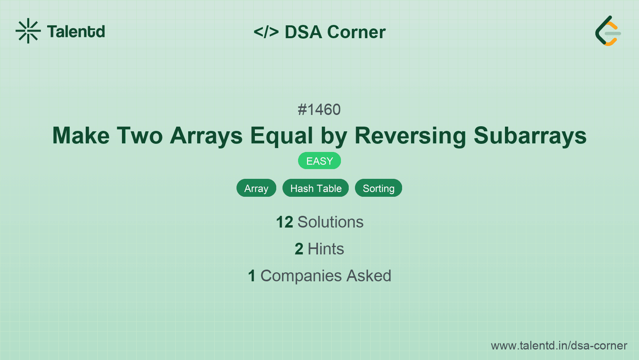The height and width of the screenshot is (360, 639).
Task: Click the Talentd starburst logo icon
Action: pyautogui.click(x=28, y=31)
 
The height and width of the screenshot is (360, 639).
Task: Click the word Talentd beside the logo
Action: pyautogui.click(x=76, y=32)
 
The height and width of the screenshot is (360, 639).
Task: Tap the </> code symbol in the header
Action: pyautogui.click(x=266, y=32)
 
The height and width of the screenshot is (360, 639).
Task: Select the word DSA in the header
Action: pyautogui.click(x=304, y=32)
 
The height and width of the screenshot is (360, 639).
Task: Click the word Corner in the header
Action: pyautogui.click(x=357, y=32)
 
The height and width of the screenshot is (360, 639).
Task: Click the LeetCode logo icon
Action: pyautogui.click(x=608, y=31)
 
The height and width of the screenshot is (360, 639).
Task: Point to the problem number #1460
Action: pyautogui.click(x=319, y=109)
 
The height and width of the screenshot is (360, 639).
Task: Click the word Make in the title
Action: pyautogui.click(x=81, y=136)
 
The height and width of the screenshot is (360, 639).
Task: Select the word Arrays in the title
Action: pyautogui.click(x=207, y=136)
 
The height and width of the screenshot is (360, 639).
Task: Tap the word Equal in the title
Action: pyautogui.click(x=281, y=136)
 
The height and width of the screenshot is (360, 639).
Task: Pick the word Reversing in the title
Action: pyautogui.click(x=410, y=136)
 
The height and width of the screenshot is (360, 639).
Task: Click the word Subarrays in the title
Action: pyautogui.click(x=530, y=136)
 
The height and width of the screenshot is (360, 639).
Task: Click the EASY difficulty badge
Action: pyautogui.click(x=319, y=161)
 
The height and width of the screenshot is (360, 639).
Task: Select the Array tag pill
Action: pyautogui.click(x=256, y=188)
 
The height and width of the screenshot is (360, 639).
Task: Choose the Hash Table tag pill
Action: pyautogui.click(x=316, y=188)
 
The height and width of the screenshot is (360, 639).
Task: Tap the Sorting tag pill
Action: pyautogui.click(x=378, y=188)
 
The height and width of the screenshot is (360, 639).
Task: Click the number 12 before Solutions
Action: pyautogui.click(x=284, y=222)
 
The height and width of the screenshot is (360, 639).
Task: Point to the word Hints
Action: pyautogui.click(x=326, y=249)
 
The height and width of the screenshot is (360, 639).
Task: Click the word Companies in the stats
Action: pyautogui.click(x=301, y=276)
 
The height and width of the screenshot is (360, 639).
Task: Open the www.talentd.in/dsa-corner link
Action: pyautogui.click(x=559, y=346)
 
